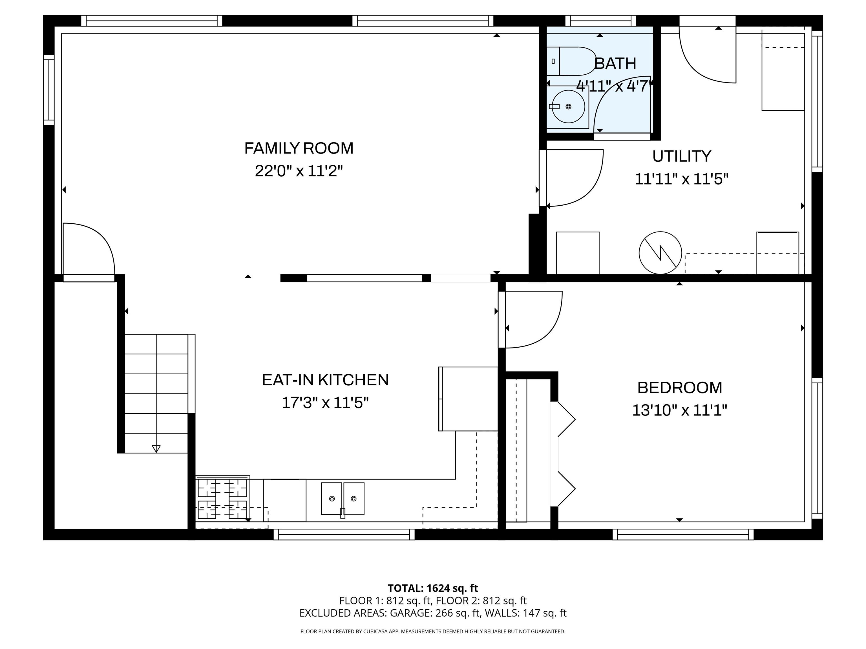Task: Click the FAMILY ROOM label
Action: pos(299,148)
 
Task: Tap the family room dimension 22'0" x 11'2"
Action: pos(299,171)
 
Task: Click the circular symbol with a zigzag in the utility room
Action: pos(660,253)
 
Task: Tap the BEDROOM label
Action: pos(679,388)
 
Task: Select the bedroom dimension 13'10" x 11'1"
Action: pos(679,410)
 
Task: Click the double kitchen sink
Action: pos(343,499)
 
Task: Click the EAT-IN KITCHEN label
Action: pos(325,380)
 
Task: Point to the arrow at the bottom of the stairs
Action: pos(156,448)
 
